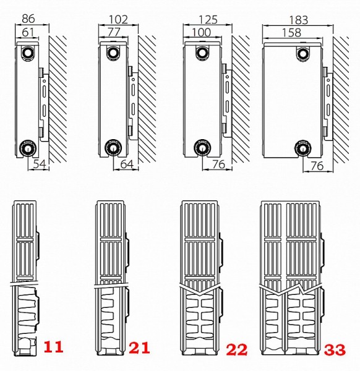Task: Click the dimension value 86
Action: [x=28, y=19]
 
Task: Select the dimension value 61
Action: [x=28, y=32]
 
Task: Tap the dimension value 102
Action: [x=118, y=20]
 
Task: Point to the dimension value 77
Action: [x=114, y=32]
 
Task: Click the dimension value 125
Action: [x=208, y=20]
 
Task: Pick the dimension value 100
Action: [x=201, y=32]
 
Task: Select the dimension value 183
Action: [x=299, y=20]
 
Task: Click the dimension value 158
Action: [x=291, y=33]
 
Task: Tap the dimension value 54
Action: [x=40, y=164]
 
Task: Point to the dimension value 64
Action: [x=127, y=164]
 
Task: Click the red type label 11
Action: [x=53, y=347]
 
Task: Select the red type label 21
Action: [x=139, y=348]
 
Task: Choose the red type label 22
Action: [x=237, y=349]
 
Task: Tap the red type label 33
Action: [x=335, y=349]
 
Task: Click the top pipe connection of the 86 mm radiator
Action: [x=28, y=53]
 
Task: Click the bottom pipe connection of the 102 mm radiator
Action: [x=113, y=148]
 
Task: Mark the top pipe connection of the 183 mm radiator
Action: [x=302, y=54]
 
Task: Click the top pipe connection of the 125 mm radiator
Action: [x=202, y=53]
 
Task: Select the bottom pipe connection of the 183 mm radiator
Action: [x=302, y=148]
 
